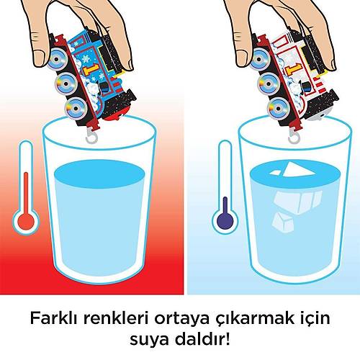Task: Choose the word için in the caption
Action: pyautogui.click(x=312, y=318)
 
